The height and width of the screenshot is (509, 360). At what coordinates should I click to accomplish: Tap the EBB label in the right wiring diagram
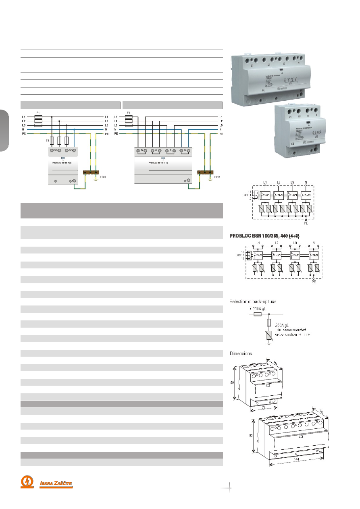click(x=217, y=177)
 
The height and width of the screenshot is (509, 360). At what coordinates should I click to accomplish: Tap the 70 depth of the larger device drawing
click(x=321, y=411)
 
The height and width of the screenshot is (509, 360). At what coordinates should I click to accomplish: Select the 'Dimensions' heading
click(x=241, y=353)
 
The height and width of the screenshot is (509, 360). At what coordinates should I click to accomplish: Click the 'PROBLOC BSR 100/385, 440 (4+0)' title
click(x=264, y=235)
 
